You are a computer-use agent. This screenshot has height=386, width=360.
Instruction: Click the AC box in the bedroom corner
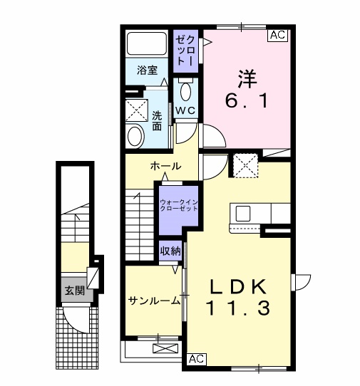click(x=278, y=35)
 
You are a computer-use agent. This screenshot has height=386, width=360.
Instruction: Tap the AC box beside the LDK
click(x=197, y=359)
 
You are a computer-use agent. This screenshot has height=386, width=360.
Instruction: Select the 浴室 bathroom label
click(x=147, y=71)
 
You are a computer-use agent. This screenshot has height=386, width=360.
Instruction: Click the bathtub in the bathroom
click(x=147, y=43)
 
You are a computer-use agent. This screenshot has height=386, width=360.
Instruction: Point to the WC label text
click(x=185, y=110)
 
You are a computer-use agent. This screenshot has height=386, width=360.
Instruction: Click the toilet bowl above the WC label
click(x=185, y=91)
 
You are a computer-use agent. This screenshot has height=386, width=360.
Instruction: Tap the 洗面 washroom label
click(x=157, y=120)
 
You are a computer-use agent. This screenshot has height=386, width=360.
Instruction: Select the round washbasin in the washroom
click(x=135, y=136)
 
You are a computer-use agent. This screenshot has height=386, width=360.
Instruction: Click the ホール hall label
click(x=166, y=166)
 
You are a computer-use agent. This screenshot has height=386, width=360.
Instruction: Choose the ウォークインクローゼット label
click(x=179, y=205)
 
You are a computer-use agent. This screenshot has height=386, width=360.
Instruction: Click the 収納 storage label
click(x=170, y=251)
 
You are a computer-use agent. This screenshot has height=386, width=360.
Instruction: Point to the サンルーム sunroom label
click(x=154, y=301)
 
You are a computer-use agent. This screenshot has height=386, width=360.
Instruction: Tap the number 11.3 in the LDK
click(x=238, y=308)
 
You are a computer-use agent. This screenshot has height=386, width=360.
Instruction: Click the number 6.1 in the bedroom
click(x=246, y=101)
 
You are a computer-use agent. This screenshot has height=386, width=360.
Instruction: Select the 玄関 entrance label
click(x=75, y=291)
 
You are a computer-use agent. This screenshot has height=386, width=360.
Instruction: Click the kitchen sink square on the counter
click(x=243, y=214)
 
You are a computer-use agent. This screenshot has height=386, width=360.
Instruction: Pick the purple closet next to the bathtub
click(x=185, y=51)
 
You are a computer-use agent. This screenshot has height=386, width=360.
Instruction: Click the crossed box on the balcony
click(x=165, y=348)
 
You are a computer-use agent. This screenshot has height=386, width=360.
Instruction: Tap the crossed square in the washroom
click(x=136, y=110)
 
